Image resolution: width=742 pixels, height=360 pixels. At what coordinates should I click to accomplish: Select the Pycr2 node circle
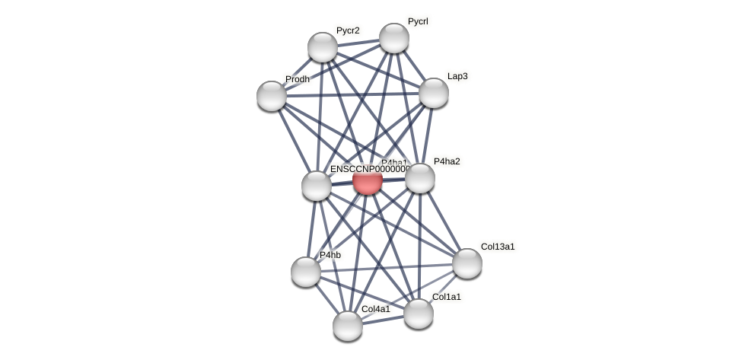pyautogui.click(x=323, y=47)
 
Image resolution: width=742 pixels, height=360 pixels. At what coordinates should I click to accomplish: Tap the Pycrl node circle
pyautogui.click(x=394, y=38)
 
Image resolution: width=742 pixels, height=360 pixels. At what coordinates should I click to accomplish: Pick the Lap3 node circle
pyautogui.click(x=434, y=93)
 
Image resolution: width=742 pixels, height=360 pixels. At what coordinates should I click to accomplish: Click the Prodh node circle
pyautogui.click(x=272, y=96)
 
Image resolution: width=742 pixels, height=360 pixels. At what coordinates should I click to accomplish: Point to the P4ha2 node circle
pyautogui.click(x=420, y=178)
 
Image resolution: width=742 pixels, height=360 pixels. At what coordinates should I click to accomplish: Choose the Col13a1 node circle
pyautogui.click(x=467, y=263)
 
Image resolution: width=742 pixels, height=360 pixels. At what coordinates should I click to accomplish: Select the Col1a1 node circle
pyautogui.click(x=419, y=314)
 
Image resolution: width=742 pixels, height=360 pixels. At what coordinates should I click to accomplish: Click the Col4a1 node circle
pyautogui.click(x=348, y=326)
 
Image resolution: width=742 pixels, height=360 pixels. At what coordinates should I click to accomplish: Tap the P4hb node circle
pyautogui.click(x=306, y=272)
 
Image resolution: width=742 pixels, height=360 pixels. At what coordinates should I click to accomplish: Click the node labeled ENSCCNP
pyautogui.click(x=317, y=186)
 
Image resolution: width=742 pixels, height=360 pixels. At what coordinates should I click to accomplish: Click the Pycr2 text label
pyautogui.click(x=348, y=31)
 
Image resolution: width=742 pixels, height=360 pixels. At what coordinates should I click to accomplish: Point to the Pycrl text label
pyautogui.click(x=418, y=22)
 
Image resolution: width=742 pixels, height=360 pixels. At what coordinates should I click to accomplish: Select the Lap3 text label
pyautogui.click(x=457, y=76)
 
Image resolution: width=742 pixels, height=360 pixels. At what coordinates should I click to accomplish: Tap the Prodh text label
pyautogui.click(x=298, y=79)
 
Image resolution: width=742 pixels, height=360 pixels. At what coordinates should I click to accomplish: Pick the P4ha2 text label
pyautogui.click(x=447, y=161)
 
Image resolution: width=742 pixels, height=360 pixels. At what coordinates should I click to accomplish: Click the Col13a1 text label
pyautogui.click(x=498, y=247)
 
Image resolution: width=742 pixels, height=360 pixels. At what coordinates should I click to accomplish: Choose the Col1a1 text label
pyautogui.click(x=446, y=297)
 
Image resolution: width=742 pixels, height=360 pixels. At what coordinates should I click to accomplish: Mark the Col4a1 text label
pyautogui.click(x=375, y=309)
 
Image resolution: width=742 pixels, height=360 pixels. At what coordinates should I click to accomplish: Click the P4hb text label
pyautogui.click(x=330, y=255)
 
